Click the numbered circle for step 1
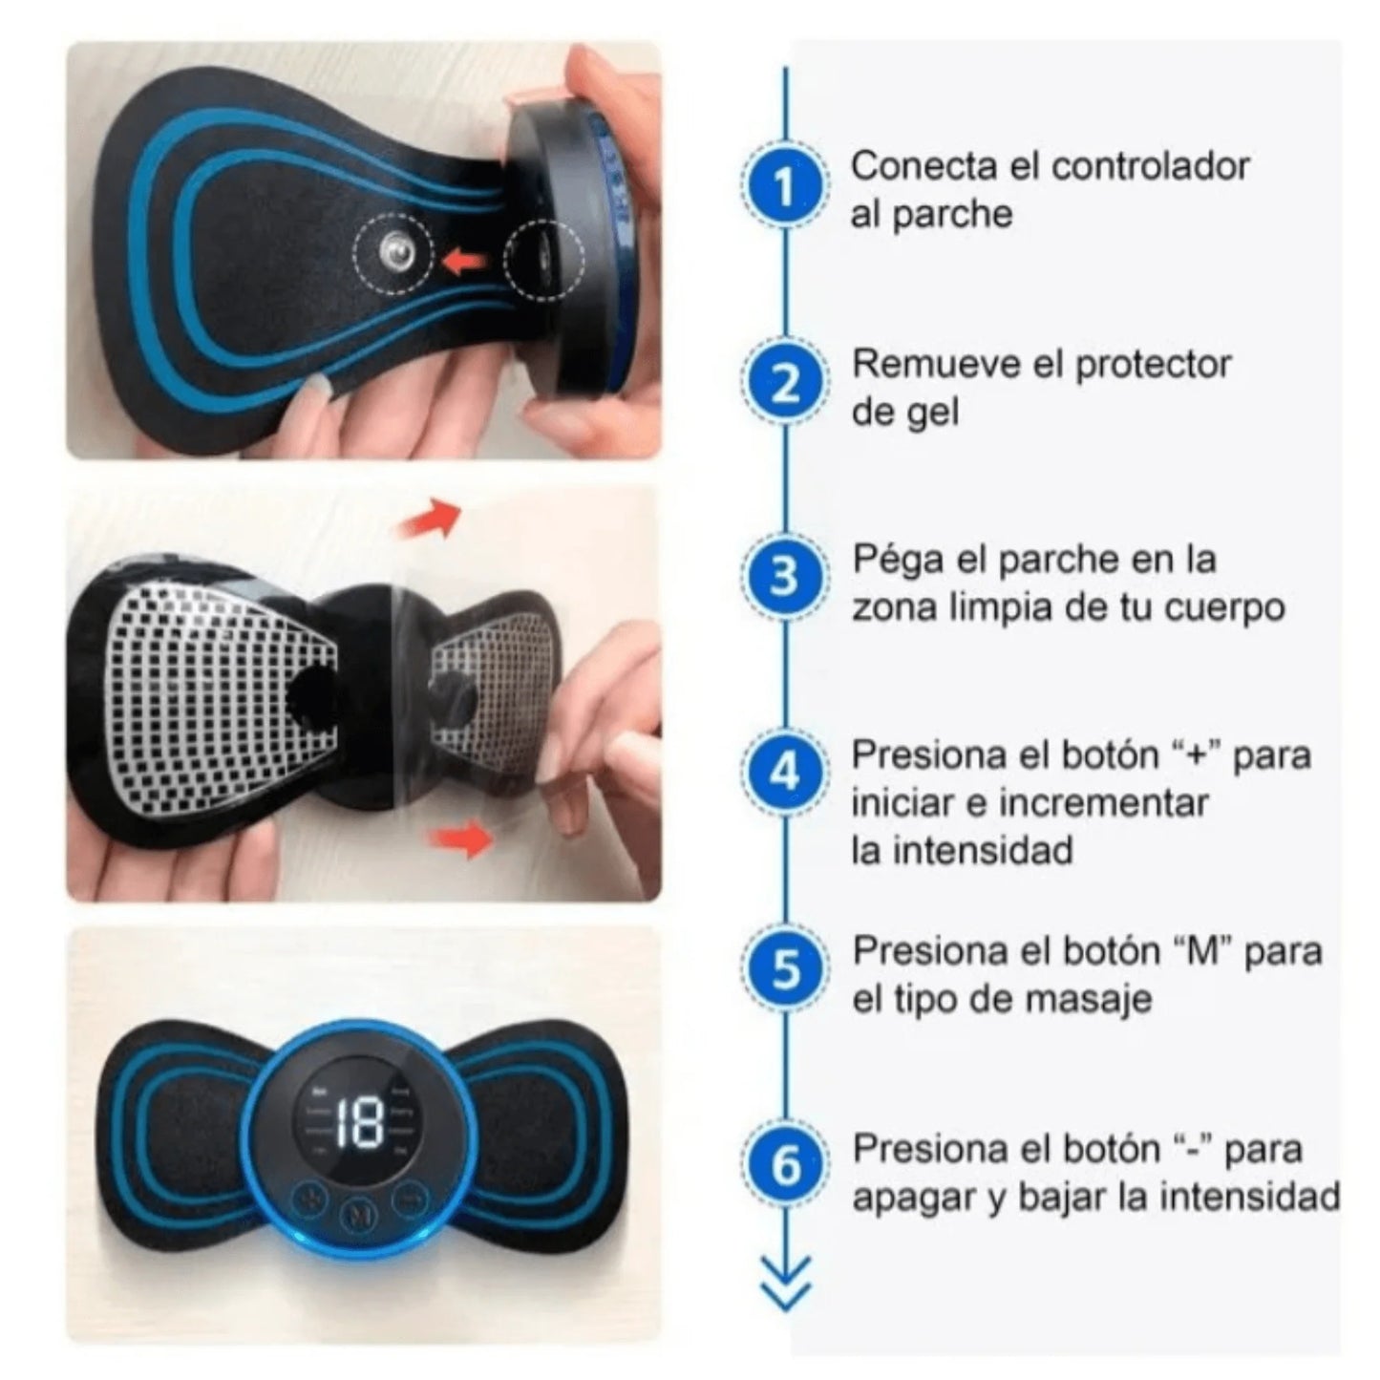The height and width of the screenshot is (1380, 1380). pyautogui.click(x=784, y=186)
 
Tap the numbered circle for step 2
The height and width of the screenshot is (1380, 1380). pyautogui.click(x=784, y=383)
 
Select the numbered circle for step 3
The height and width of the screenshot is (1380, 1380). pyautogui.click(x=784, y=577)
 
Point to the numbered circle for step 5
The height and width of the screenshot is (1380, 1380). pyautogui.click(x=784, y=968)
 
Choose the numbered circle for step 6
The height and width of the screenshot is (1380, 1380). pyautogui.click(x=784, y=1165)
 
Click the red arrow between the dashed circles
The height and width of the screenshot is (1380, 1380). pyautogui.click(x=463, y=257)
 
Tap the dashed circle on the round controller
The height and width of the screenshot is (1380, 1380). pyautogui.click(x=546, y=261)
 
